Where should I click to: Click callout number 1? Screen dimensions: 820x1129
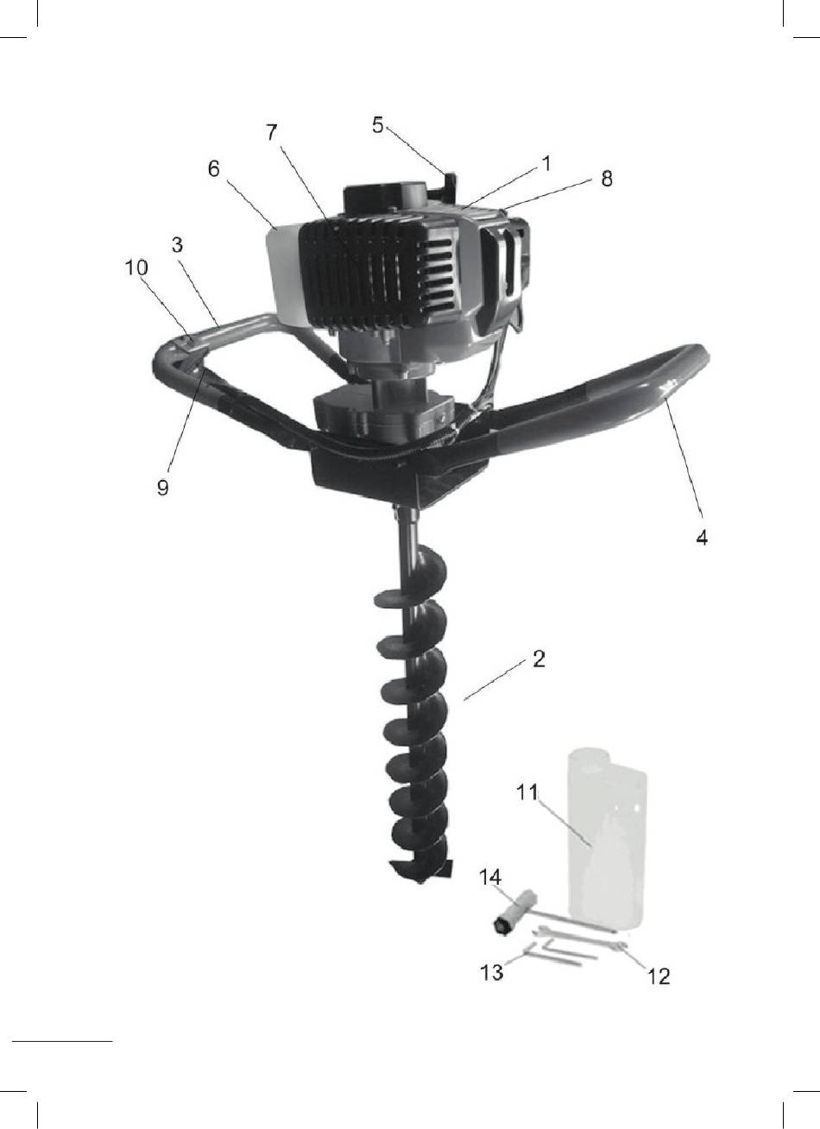546,163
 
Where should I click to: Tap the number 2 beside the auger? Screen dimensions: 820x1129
539,659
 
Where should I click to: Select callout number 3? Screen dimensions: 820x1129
177,245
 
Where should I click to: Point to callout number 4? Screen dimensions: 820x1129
702,537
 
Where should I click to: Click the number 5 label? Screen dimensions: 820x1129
378,125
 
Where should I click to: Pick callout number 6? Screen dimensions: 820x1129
214,169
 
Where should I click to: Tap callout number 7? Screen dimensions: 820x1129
271,133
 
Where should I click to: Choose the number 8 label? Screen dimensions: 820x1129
607,179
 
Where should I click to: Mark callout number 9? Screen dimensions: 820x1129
162,487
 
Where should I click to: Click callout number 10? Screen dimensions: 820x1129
136,268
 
